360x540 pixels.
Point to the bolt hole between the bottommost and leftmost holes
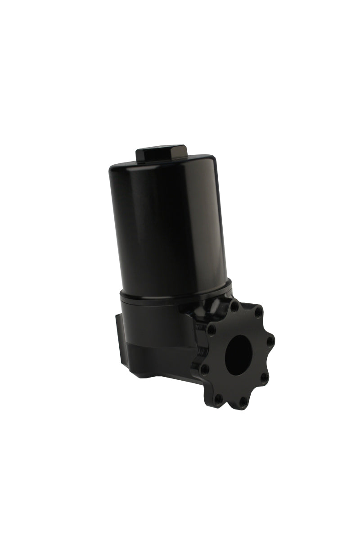click(x=218, y=398)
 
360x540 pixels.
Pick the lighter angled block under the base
click(x=157, y=360)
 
